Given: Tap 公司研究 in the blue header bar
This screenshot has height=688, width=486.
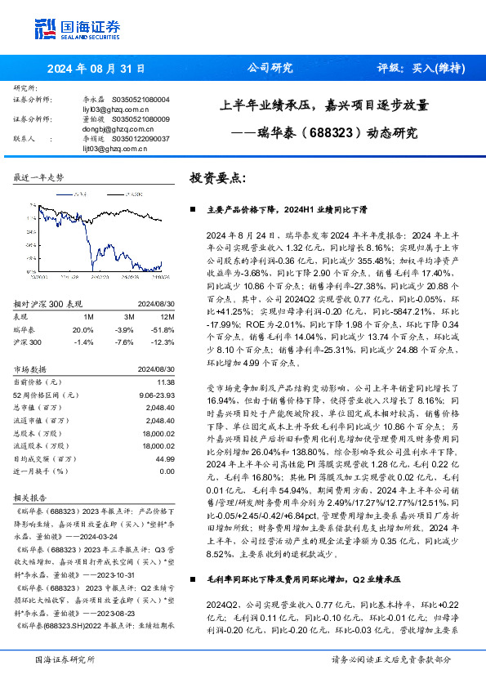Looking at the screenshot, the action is click(269, 69).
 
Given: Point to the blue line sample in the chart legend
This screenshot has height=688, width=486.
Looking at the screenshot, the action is click(69, 195).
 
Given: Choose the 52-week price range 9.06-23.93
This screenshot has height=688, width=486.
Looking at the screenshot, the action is click(156, 394).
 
